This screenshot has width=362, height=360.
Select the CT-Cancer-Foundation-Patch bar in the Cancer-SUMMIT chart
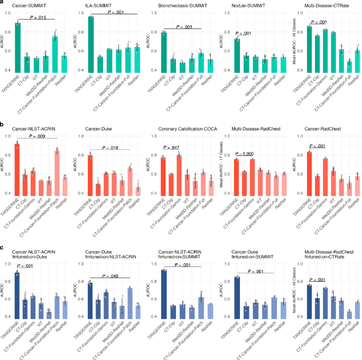pyautogui.click(x=55, y=53)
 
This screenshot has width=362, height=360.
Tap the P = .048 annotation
pyautogui.click(x=111, y=276)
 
